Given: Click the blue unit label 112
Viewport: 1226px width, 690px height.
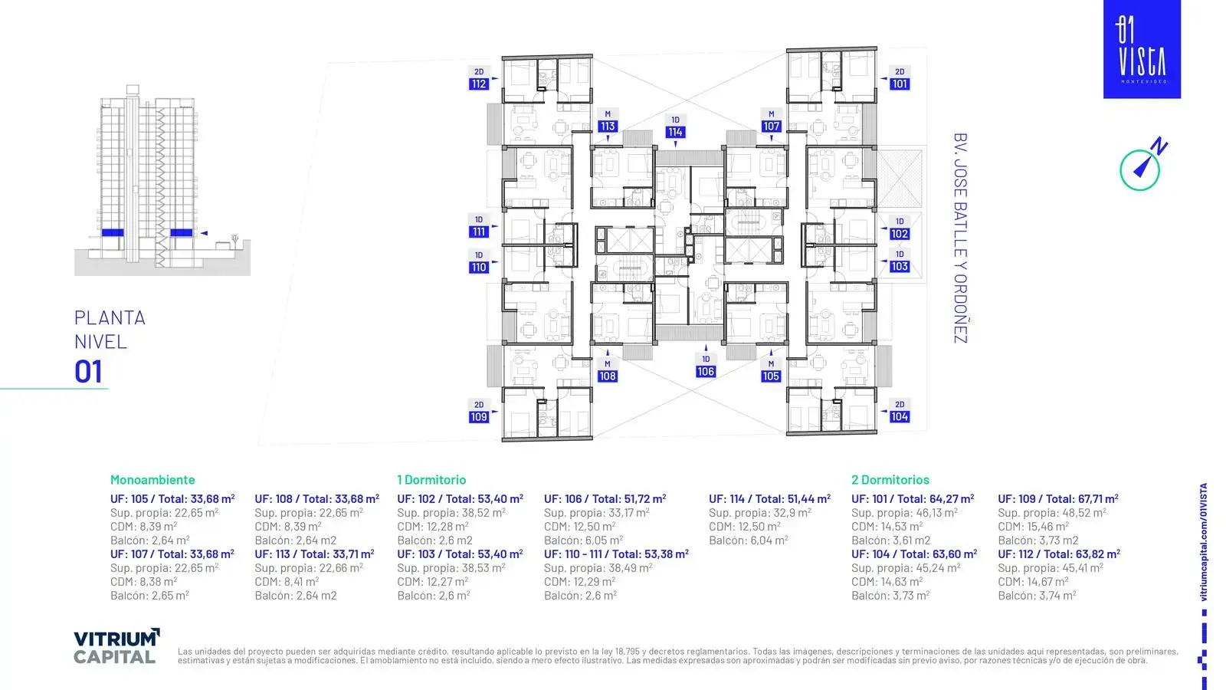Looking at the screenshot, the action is coord(478,84).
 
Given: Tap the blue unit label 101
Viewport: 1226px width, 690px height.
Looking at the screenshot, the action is coord(900,84).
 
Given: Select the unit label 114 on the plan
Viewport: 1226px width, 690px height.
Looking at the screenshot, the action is coord(675,132).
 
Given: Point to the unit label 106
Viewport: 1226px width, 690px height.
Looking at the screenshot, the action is coord(706,371).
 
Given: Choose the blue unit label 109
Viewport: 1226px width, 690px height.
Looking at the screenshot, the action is coord(478,417).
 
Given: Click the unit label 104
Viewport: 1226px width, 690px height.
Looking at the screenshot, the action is coord(900,417).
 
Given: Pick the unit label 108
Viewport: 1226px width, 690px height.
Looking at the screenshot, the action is coord(607,376).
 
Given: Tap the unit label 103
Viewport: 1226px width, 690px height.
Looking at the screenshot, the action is coord(900,266).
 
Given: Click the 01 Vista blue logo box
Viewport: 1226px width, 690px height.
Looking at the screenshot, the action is coord(1142,49).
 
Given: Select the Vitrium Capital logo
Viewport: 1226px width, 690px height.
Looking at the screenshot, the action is coord(116,646).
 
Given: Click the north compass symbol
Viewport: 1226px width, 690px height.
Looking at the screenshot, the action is coord(1142,165).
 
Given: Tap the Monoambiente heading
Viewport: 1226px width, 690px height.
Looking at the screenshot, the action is coord(152,480).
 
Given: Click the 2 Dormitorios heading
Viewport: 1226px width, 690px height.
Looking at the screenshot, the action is coord(890,480).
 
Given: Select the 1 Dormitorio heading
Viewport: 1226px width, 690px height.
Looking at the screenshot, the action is coord(431,480).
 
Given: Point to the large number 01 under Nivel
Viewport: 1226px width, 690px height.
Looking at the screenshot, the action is coord(88,371).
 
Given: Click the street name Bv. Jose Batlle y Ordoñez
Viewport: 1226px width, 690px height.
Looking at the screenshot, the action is coord(961,238).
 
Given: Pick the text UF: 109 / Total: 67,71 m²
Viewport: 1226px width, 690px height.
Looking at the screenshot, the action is coord(1058,499).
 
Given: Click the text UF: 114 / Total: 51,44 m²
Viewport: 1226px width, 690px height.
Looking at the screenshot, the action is coord(769,499).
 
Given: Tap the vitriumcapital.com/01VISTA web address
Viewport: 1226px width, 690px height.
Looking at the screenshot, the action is coord(1203,542).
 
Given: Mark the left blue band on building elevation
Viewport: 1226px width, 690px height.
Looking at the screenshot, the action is coord(113,233).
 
